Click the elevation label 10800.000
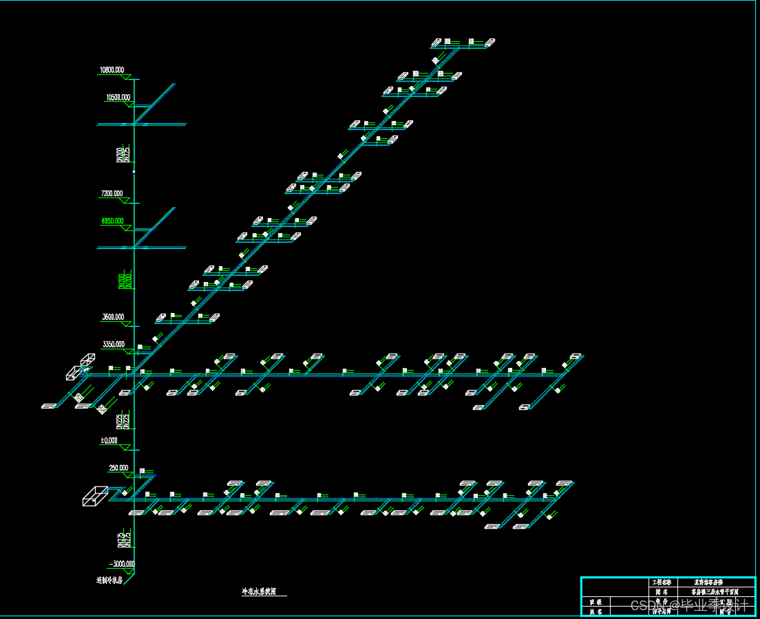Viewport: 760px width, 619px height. pyautogui.click(x=112, y=70)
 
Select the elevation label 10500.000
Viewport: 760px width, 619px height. pyautogui.click(x=118, y=98)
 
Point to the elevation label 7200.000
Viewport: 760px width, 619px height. pyautogui.click(x=112, y=194)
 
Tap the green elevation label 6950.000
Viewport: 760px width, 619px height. pyautogui.click(x=112, y=221)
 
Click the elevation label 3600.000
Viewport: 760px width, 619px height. pyautogui.click(x=113, y=318)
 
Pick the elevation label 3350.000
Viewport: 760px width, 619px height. pyautogui.click(x=113, y=344)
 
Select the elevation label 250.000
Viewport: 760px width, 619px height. pyautogui.click(x=118, y=468)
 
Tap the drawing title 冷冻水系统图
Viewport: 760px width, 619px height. pyautogui.click(x=258, y=591)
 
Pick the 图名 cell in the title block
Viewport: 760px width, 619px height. pyautogui.click(x=662, y=591)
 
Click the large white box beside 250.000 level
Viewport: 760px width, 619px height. pyautogui.click(x=96, y=495)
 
